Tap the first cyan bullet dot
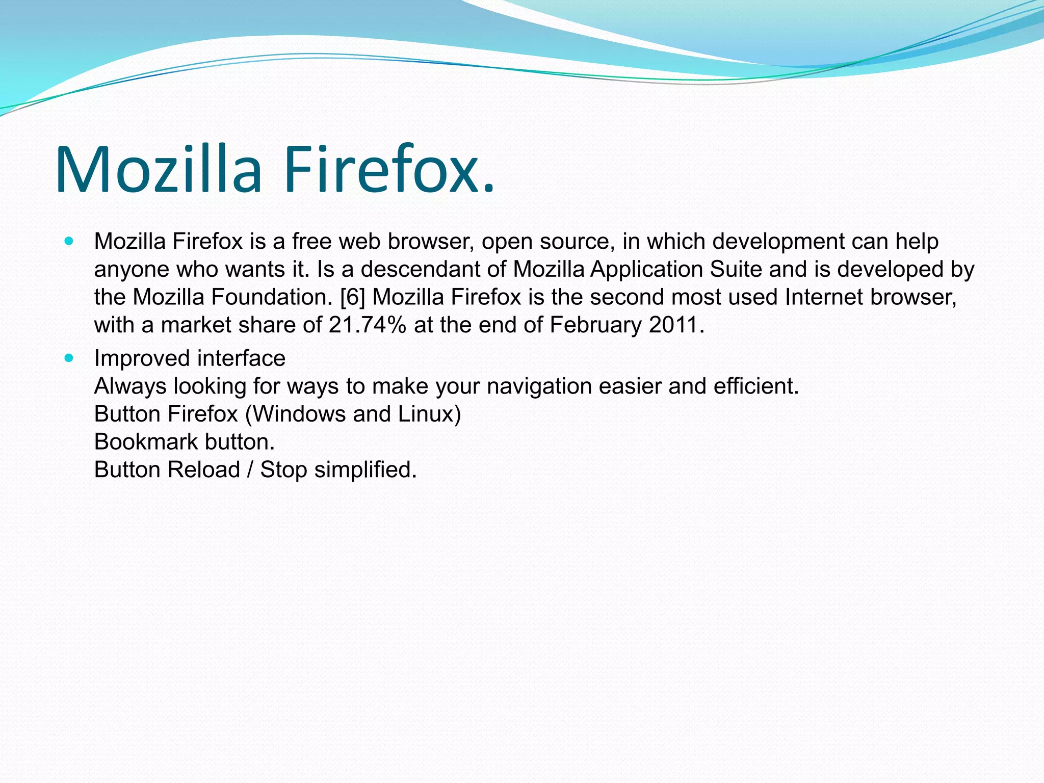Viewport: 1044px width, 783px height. pyautogui.click(x=69, y=241)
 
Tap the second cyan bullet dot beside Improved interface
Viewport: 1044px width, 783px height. pyautogui.click(x=69, y=358)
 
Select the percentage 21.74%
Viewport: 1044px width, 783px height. pyautogui.click(x=368, y=325)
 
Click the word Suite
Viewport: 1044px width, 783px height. pyautogui.click(x=736, y=269)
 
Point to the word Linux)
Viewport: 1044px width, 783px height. pyautogui.click(x=429, y=414)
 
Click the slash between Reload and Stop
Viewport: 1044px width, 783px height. pyautogui.click(x=250, y=469)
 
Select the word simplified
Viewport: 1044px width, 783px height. pyautogui.click(x=365, y=469)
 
